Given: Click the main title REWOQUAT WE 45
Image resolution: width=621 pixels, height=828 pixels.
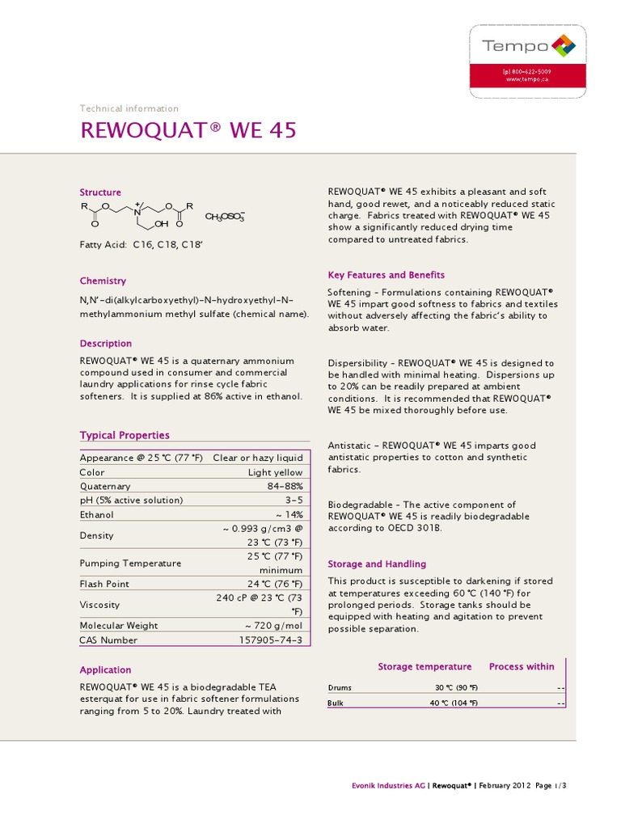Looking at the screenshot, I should pyautogui.click(x=188, y=130).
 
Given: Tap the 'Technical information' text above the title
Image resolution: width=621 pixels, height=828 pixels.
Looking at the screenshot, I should pyautogui.click(x=129, y=108).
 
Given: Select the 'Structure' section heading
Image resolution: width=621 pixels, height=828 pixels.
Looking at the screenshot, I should pyautogui.click(x=100, y=192).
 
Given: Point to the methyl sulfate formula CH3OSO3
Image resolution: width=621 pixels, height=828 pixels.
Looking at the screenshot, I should pyautogui.click(x=225, y=217).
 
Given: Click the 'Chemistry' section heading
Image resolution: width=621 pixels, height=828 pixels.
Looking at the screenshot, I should pyautogui.click(x=103, y=281).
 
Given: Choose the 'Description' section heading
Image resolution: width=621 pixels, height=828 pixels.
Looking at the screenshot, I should pyautogui.click(x=105, y=344).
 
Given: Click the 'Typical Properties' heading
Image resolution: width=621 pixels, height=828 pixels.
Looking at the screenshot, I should pyautogui.click(x=125, y=435).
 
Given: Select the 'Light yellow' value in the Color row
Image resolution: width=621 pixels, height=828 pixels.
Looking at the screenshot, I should pyautogui.click(x=275, y=473).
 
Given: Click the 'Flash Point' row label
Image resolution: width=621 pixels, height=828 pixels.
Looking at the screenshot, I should pyautogui.click(x=104, y=584).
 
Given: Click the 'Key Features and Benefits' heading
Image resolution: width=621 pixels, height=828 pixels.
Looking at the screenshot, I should pyautogui.click(x=386, y=275).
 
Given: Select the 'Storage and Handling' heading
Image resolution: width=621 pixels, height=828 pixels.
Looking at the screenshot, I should pyautogui.click(x=377, y=564).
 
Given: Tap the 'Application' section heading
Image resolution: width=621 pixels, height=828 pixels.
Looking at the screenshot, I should pyautogui.click(x=105, y=670).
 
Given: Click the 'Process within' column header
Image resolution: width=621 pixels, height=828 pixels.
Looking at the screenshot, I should pyautogui.click(x=522, y=667).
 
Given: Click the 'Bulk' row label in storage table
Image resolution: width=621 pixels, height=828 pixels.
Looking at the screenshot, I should pyautogui.click(x=336, y=703).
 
